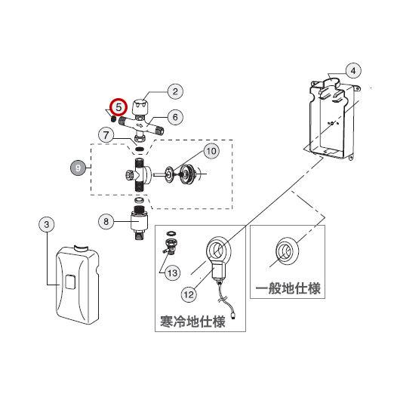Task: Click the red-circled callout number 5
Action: [x=118, y=107]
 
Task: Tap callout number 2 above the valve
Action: [x=175, y=91]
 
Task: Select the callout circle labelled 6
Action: [x=175, y=117]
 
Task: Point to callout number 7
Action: [x=106, y=135]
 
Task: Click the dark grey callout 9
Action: [x=78, y=168]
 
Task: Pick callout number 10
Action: [x=211, y=151]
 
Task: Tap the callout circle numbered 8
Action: [x=106, y=222]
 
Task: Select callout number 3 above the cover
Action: [x=47, y=225]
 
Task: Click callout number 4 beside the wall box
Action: [x=353, y=71]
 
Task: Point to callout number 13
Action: [x=172, y=273]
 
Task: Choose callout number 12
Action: [x=189, y=294]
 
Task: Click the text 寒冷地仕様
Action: [x=192, y=322]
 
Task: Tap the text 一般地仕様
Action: [x=288, y=288]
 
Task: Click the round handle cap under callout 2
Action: [x=140, y=107]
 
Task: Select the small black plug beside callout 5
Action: [x=113, y=118]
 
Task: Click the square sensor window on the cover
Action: [x=70, y=282]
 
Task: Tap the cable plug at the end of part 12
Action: [x=233, y=315]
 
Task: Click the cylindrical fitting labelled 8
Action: [x=138, y=223]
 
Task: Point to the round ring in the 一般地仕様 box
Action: [x=287, y=251]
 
